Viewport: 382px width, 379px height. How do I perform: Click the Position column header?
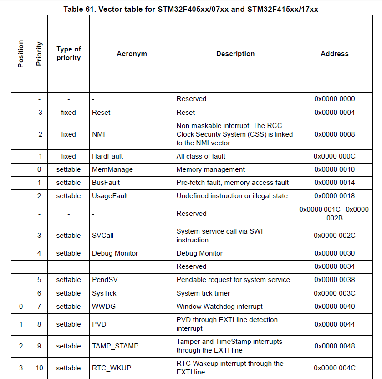[20, 54]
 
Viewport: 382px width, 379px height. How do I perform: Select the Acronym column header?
[132, 54]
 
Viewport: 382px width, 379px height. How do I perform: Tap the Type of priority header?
[69, 54]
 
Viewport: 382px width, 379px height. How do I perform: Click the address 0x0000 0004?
[334, 113]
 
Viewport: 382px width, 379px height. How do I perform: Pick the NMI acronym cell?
[99, 134]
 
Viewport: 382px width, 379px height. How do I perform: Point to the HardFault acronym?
[107, 156]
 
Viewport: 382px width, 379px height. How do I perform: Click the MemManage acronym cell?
[112, 169]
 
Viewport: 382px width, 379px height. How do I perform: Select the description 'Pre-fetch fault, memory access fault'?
[233, 183]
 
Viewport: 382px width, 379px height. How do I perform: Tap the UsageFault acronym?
[110, 196]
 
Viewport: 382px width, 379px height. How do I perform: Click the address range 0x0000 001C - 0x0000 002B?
[334, 214]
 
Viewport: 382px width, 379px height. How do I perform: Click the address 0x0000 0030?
[334, 253]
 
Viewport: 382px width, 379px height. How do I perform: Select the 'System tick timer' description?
[204, 293]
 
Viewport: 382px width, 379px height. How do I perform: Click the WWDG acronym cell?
[104, 307]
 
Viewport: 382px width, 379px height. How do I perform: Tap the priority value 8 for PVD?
[39, 324]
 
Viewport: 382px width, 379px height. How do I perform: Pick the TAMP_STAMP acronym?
[115, 346]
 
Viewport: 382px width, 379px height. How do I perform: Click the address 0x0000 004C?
[334, 368]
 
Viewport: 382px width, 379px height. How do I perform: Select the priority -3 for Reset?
[39, 113]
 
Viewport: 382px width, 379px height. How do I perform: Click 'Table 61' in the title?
[79, 9]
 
